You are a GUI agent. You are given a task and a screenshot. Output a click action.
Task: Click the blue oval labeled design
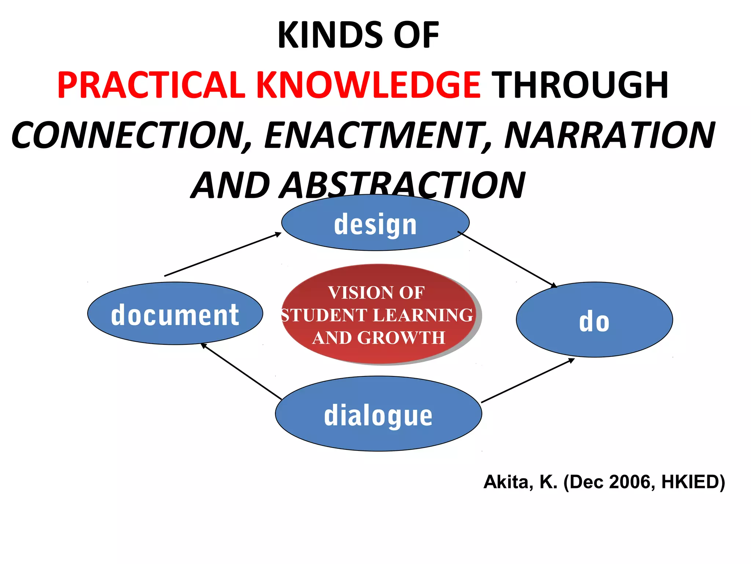click(x=375, y=223)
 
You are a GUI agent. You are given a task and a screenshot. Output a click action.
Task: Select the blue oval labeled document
click(x=175, y=314)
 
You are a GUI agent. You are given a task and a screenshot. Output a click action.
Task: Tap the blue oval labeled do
click(x=594, y=320)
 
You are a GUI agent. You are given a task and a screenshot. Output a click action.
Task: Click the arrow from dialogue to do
click(x=528, y=380)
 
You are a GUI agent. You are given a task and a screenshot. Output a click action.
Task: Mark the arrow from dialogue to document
click(x=241, y=372)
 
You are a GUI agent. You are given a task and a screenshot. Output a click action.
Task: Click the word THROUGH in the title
click(x=581, y=85)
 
